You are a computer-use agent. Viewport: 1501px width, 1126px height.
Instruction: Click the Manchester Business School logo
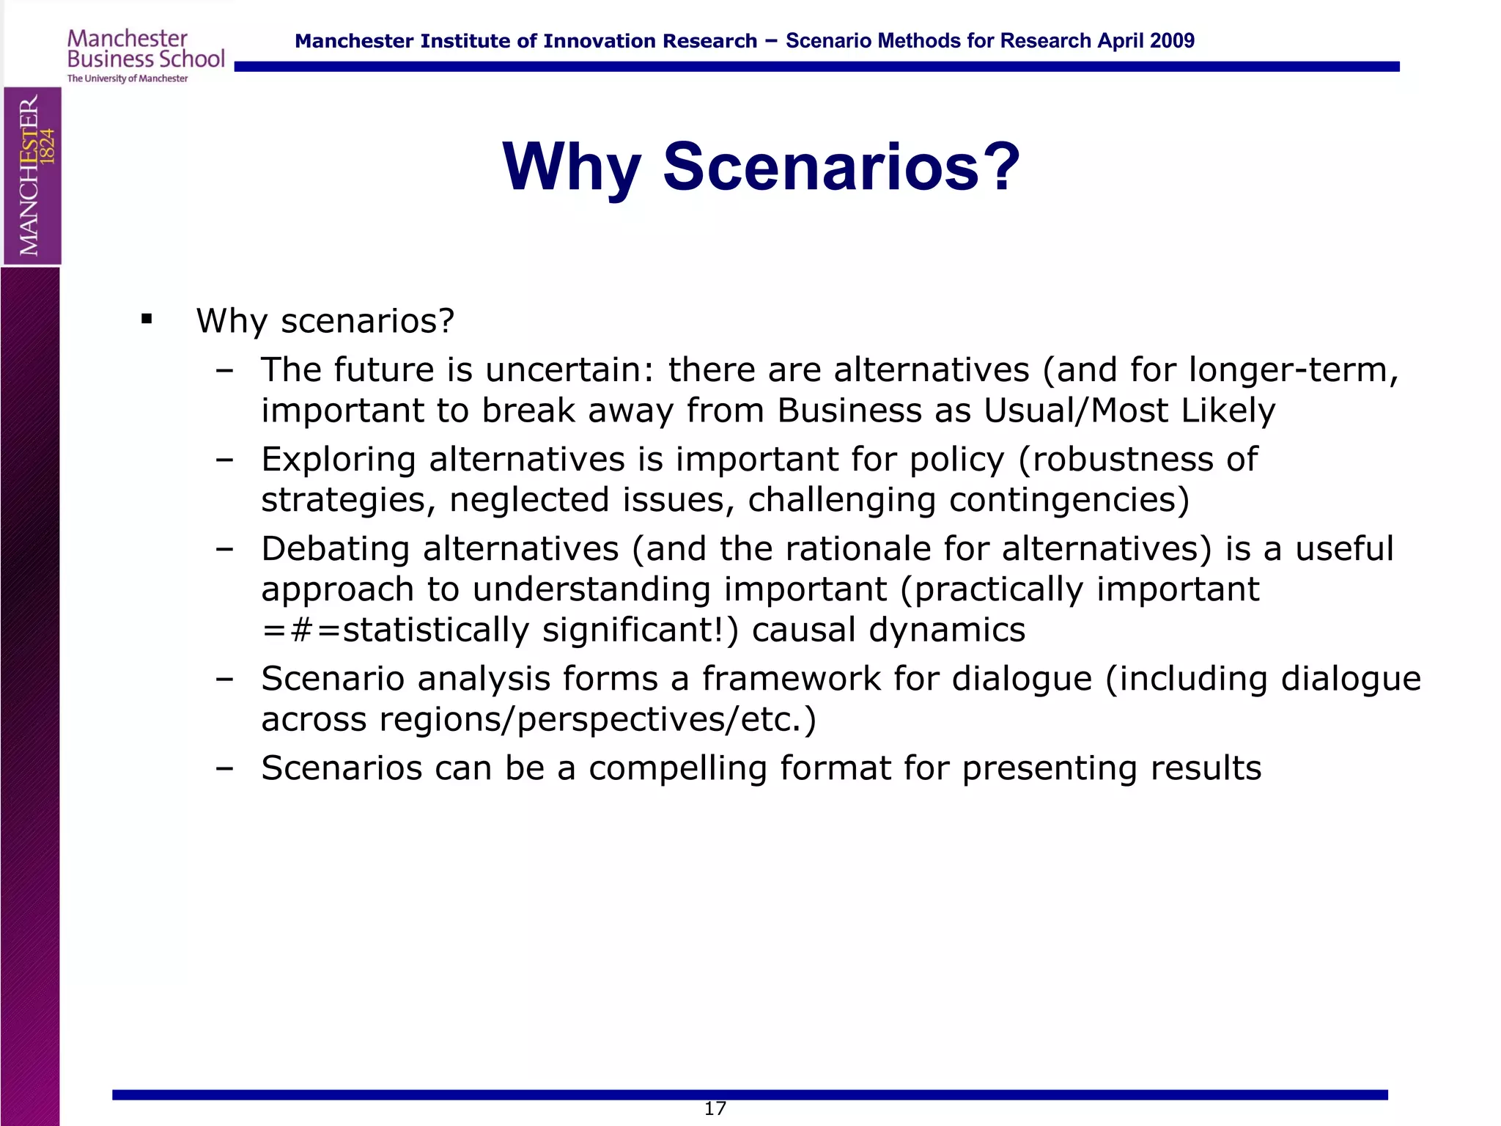[x=145, y=55]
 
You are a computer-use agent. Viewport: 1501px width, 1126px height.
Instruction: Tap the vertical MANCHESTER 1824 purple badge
[x=32, y=176]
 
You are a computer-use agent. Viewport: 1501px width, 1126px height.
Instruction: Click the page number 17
[x=715, y=1108]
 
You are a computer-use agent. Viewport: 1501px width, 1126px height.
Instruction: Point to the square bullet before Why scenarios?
[x=147, y=319]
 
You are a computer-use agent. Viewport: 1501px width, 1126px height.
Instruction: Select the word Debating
[x=335, y=550]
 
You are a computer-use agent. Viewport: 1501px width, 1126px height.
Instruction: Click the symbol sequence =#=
[x=301, y=630]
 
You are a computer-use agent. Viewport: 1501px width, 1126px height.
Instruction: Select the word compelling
[x=677, y=768]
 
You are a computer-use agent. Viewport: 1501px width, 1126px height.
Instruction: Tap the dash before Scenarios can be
[x=224, y=768]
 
